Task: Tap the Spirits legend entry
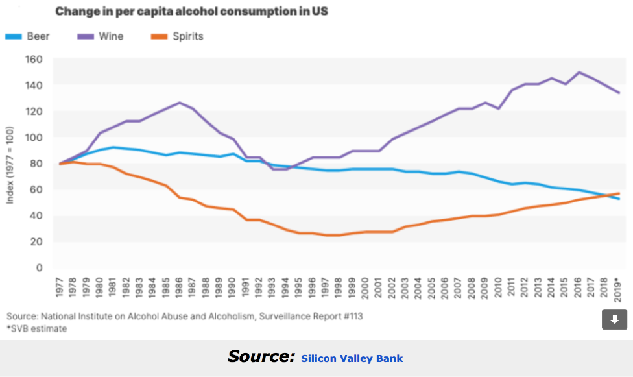[177, 36]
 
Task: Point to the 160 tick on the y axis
[34, 59]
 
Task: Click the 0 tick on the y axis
[39, 267]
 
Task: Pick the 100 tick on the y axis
[34, 138]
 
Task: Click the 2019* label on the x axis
[618, 288]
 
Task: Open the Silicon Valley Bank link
[352, 358]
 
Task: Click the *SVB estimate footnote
[36, 328]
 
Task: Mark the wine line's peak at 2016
[579, 72]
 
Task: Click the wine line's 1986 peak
[179, 103]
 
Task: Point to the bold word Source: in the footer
[260, 356]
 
